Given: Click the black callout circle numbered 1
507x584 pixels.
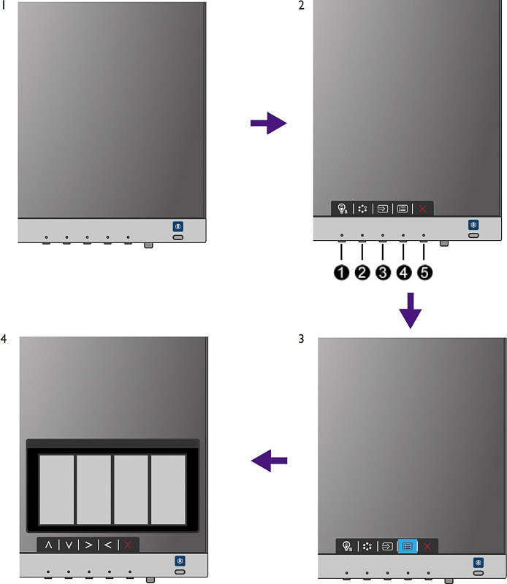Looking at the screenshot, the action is (x=341, y=272).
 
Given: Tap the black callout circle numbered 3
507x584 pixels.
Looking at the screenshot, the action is (x=383, y=272).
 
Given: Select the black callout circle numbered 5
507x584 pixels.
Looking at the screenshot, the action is (x=424, y=272).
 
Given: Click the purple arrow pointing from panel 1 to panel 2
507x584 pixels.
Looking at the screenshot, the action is (x=268, y=123).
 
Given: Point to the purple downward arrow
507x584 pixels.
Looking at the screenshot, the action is (x=411, y=311).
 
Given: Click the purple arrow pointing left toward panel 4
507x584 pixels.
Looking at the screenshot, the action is (x=269, y=461).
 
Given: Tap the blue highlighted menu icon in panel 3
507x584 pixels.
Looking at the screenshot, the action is (x=408, y=546).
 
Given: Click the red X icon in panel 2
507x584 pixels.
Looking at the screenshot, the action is (x=422, y=209).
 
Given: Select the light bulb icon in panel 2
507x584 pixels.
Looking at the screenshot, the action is (x=342, y=209).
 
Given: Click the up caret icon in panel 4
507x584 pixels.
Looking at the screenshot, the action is (x=48, y=545).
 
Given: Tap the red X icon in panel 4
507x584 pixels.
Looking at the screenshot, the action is (x=128, y=545).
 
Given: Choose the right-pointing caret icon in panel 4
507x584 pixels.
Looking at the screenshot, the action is (x=88, y=545).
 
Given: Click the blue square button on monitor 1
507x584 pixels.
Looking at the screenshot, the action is (x=178, y=226).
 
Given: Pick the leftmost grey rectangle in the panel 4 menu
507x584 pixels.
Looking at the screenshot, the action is (x=57, y=489).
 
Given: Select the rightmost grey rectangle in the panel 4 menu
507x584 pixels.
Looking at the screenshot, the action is (x=168, y=489).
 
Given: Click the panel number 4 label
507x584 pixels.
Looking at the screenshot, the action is (x=4, y=339).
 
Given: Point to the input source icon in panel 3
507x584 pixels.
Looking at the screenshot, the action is (x=388, y=546).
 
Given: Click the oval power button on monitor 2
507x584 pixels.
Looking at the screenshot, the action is (x=473, y=235).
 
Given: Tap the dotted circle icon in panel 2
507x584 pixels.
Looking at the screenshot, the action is (x=362, y=209).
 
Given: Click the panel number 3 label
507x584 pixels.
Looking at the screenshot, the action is (x=301, y=339).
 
